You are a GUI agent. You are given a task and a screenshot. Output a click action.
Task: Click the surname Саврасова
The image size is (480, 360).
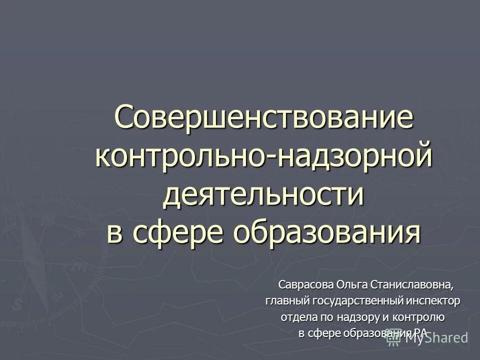tap(306, 285)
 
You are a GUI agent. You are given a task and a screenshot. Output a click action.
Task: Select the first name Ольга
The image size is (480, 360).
tap(353, 285)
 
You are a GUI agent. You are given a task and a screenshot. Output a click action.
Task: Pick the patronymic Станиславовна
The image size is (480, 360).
tap(413, 285)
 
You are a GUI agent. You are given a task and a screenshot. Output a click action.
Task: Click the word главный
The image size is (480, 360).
tap(287, 301)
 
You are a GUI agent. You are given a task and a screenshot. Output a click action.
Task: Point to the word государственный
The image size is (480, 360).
tap(359, 301)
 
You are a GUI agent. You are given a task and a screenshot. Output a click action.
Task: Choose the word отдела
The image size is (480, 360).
tap(297, 317)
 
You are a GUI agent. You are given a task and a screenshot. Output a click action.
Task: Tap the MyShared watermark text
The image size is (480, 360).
tap(435, 338)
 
